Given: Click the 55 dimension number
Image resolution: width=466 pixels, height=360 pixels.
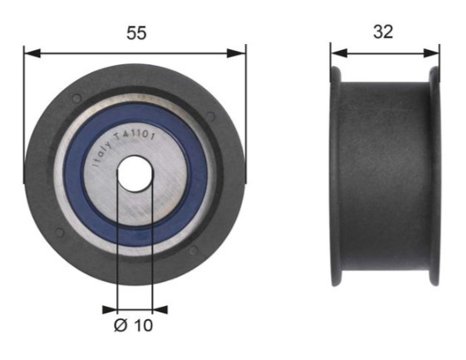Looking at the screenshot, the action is tap(136, 32).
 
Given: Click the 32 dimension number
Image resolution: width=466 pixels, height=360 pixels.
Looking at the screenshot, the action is tap(383, 32).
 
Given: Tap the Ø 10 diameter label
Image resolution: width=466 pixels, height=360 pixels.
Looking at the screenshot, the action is tap(134, 325).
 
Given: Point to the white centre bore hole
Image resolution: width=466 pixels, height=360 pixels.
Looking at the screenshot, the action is tap(135, 174).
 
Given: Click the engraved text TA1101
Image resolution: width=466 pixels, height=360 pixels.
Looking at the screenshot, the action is tap(135, 135).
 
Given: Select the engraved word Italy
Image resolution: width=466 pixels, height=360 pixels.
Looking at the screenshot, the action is tap(102, 154).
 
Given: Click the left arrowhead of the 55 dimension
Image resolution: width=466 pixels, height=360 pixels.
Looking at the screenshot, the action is tap(32, 53).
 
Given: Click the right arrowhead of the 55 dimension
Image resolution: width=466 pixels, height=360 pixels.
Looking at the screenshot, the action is tap(237, 53).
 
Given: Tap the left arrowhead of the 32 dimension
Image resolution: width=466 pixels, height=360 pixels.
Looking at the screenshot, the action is tap(339, 53).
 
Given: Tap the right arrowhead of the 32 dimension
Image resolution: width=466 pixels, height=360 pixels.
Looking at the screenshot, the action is tap(431, 53).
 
